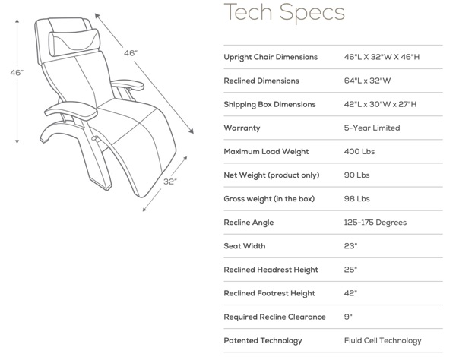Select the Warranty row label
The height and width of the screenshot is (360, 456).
pyautogui.click(x=242, y=128)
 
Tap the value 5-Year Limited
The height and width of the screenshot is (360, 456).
pyautogui.click(x=372, y=128)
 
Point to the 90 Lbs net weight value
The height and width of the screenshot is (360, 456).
pyautogui.click(x=356, y=175)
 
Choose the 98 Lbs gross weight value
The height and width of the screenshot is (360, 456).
pyautogui.click(x=356, y=199)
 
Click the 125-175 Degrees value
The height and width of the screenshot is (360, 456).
pyautogui.click(x=375, y=223)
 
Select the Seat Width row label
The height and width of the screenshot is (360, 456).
pyautogui.click(x=245, y=246)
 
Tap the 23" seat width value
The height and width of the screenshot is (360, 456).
pyautogui.click(x=351, y=246)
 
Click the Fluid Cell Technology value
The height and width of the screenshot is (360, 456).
pyautogui.click(x=382, y=340)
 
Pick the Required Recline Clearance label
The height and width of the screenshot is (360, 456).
pyautogui.click(x=274, y=317)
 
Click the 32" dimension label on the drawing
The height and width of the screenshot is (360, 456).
pyautogui.click(x=170, y=182)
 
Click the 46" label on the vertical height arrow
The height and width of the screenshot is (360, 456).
pyautogui.click(x=17, y=73)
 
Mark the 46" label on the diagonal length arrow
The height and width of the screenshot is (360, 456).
pyautogui.click(x=131, y=54)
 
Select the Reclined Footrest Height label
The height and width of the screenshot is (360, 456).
pyautogui.click(x=271, y=293)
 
